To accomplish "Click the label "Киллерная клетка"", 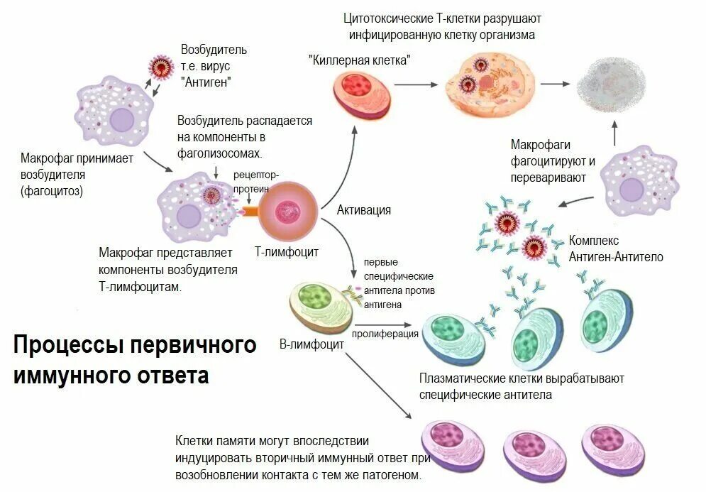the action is point(360,60).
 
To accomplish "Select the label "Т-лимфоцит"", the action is point(287,252).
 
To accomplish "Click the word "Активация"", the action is point(363,210).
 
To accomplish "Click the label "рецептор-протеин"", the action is point(256,180).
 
